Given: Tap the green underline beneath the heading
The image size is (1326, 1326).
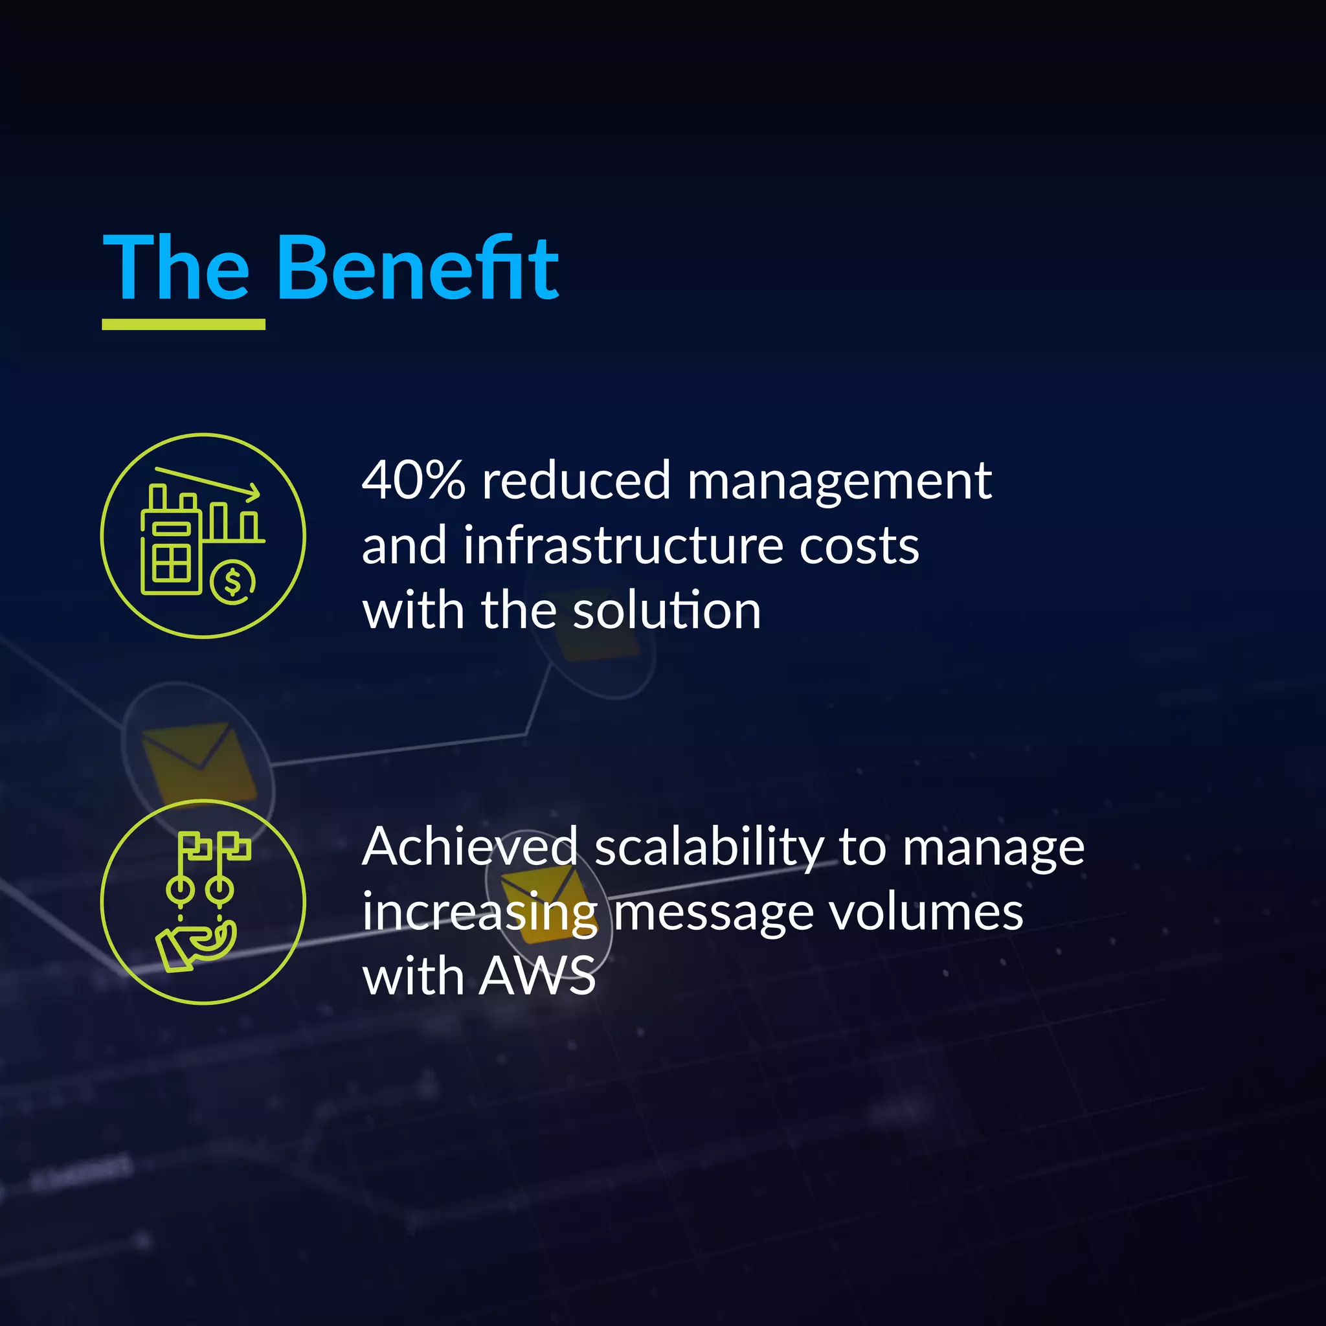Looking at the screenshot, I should click(x=183, y=324).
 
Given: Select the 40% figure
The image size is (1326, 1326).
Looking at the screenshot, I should click(x=413, y=480).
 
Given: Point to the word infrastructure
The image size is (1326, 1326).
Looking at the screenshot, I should click(x=622, y=546).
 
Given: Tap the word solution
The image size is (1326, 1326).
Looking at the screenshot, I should click(x=666, y=610).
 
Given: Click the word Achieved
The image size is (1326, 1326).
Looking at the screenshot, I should click(x=469, y=847).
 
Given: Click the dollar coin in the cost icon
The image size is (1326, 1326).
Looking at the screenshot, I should click(x=232, y=582).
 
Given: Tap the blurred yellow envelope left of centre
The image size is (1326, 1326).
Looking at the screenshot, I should click(x=198, y=762).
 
